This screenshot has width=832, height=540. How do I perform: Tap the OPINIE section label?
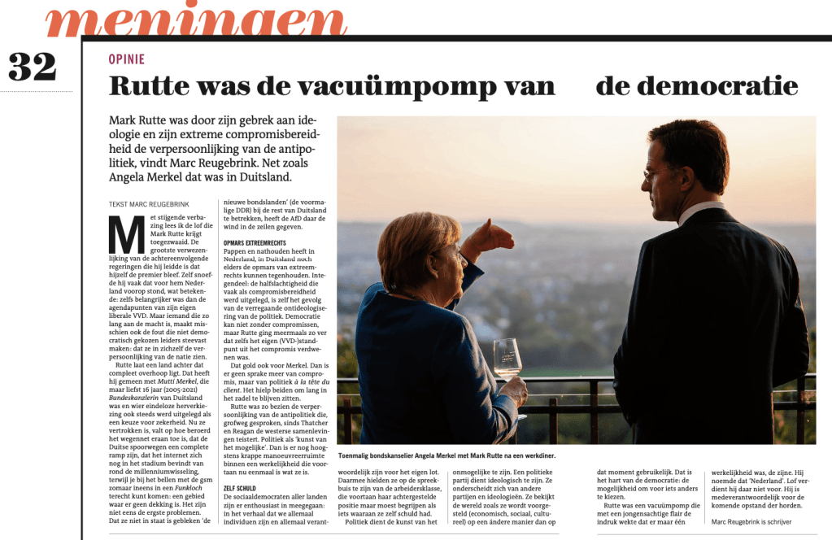(x=126, y=59)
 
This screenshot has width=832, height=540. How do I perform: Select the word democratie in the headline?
(x=696, y=86)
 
